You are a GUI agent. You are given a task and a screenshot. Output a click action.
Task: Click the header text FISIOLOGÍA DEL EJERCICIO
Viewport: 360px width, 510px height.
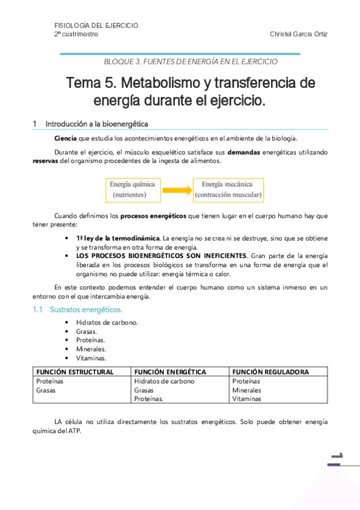[x=96, y=26]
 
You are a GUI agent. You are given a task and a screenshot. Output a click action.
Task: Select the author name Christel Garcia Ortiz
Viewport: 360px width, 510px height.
[x=298, y=34]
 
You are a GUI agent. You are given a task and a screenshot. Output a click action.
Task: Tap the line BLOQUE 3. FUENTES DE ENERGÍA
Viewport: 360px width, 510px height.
[x=191, y=61]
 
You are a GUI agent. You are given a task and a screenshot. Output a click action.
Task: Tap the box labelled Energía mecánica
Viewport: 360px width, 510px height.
[x=228, y=189]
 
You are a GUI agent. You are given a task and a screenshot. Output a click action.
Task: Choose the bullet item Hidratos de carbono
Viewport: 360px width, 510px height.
[x=107, y=322]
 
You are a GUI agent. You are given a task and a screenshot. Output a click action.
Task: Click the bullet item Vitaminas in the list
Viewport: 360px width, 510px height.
[x=91, y=358]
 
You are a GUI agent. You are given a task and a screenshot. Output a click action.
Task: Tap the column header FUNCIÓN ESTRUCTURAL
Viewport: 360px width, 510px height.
[x=75, y=372]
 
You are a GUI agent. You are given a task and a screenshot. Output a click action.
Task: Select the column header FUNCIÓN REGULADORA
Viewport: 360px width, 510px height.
[x=270, y=372]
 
